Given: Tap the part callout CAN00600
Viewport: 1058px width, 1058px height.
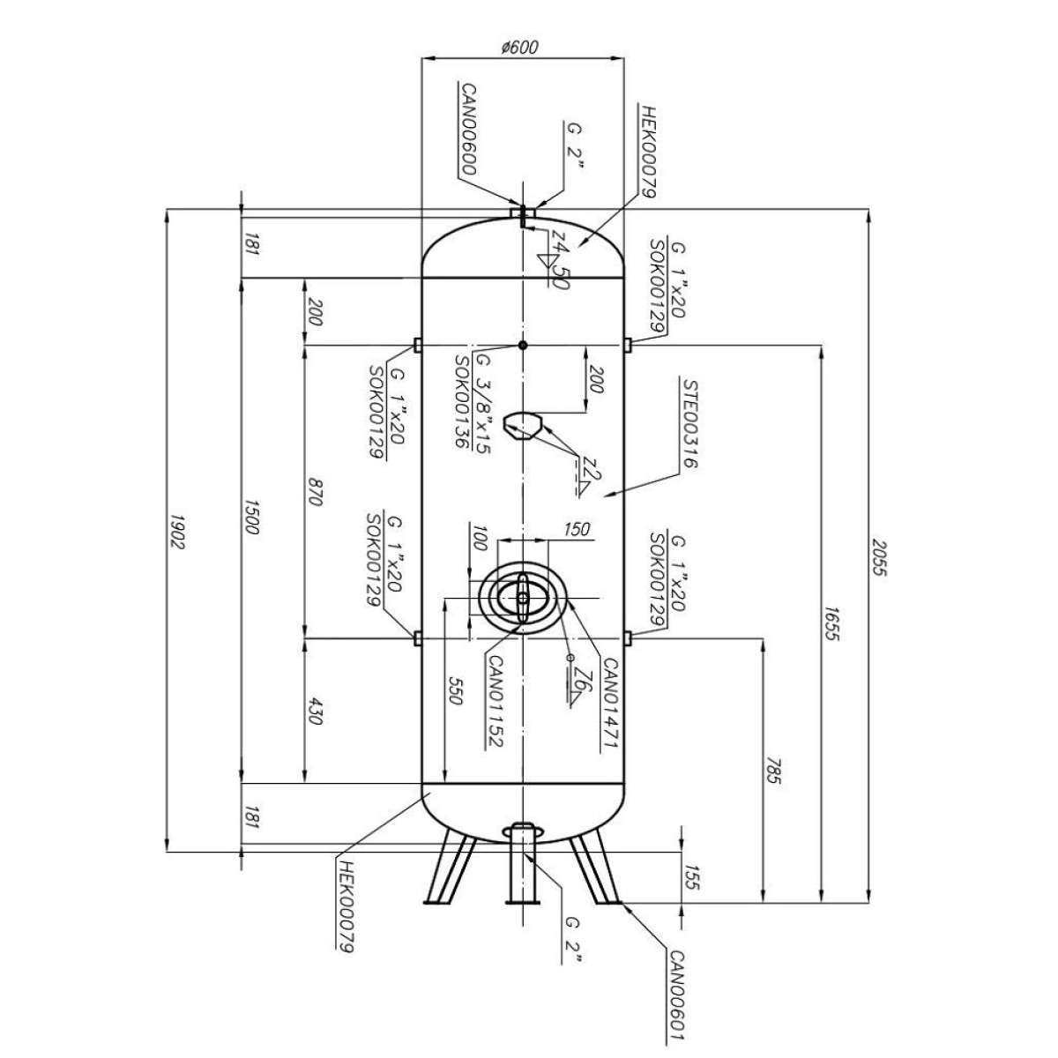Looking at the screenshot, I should click(469, 129).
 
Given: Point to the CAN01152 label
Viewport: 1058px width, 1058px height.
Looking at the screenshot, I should click(495, 702).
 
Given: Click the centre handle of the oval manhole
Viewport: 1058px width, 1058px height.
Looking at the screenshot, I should click(523, 598).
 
